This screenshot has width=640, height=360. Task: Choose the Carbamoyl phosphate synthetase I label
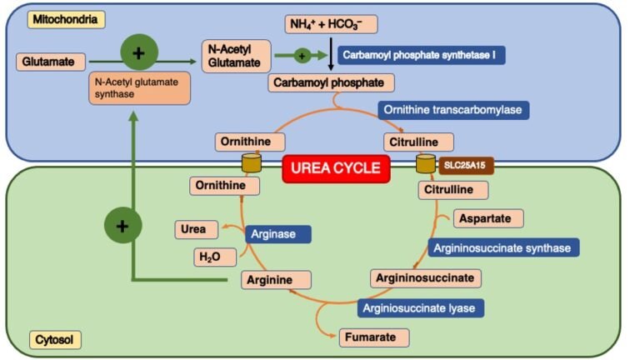click(422, 56)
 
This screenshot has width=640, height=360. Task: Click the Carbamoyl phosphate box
click(332, 82)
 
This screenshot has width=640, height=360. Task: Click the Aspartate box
click(487, 218)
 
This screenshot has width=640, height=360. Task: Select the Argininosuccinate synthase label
click(502, 247)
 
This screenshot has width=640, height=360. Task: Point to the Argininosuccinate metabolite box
click(425, 277)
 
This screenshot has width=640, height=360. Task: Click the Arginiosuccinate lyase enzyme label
click(421, 307)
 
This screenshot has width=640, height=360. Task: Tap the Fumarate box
click(374, 337)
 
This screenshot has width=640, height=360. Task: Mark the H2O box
click(208, 257)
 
